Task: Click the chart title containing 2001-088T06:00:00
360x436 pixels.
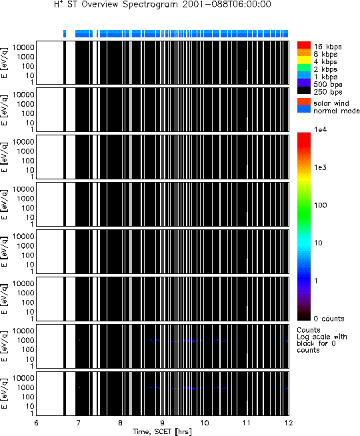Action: coord(163,5)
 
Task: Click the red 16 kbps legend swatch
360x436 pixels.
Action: coord(304,45)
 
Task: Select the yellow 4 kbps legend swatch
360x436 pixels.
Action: coord(304,61)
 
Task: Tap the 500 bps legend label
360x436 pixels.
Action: coord(328,85)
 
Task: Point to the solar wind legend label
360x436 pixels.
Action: coord(331,103)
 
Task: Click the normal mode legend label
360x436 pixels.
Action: coord(337,111)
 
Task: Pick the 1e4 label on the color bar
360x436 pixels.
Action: coord(320,129)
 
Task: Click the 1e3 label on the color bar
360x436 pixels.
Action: coord(320,167)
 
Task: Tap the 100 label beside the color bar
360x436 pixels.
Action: coord(320,205)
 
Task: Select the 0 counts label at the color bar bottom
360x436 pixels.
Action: coord(329,319)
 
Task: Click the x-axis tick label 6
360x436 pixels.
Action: coord(37,423)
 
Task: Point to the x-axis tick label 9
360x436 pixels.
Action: coord(163,423)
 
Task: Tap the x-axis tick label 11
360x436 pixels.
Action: coord(247,423)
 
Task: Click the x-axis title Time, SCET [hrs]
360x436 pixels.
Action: coord(163,431)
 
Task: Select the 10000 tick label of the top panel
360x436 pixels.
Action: coord(23,47)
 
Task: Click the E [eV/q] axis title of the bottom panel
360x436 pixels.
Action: coord(5,394)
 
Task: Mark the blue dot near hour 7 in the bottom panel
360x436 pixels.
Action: coord(79,387)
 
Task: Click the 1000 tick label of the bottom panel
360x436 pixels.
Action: coord(25,387)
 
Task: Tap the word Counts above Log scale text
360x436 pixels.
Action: coord(309,330)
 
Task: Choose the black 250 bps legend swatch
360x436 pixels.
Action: coord(304,91)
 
